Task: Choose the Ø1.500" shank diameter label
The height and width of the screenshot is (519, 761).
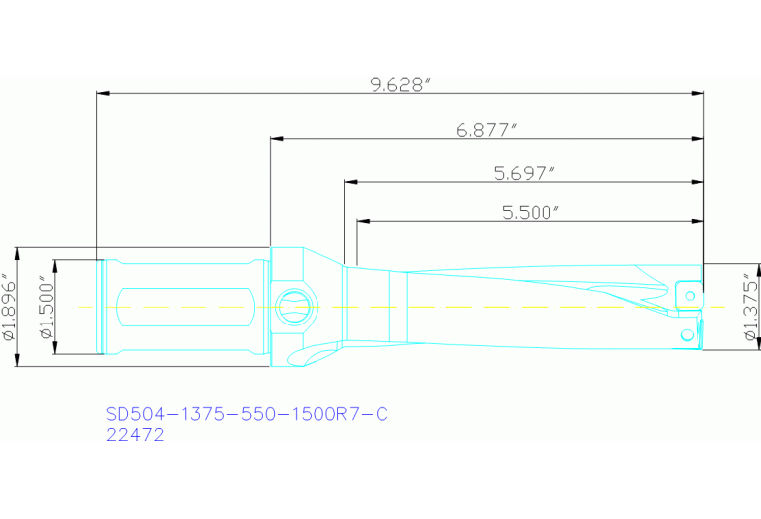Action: coord(44,308)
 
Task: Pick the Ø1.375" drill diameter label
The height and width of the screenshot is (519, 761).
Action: coord(748,308)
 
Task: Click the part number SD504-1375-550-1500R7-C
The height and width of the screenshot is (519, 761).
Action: coord(245,414)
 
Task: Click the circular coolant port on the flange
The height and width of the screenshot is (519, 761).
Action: coord(295,305)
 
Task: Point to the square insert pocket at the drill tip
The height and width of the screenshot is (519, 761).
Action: coord(687,293)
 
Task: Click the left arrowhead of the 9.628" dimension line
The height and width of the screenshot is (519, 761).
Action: coord(101,94)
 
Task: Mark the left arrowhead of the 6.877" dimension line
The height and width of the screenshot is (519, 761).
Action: coord(275,139)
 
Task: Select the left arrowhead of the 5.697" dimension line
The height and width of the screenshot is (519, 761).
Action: coord(350,183)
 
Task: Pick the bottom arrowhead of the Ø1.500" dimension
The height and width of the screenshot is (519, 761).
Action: coord(55,348)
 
